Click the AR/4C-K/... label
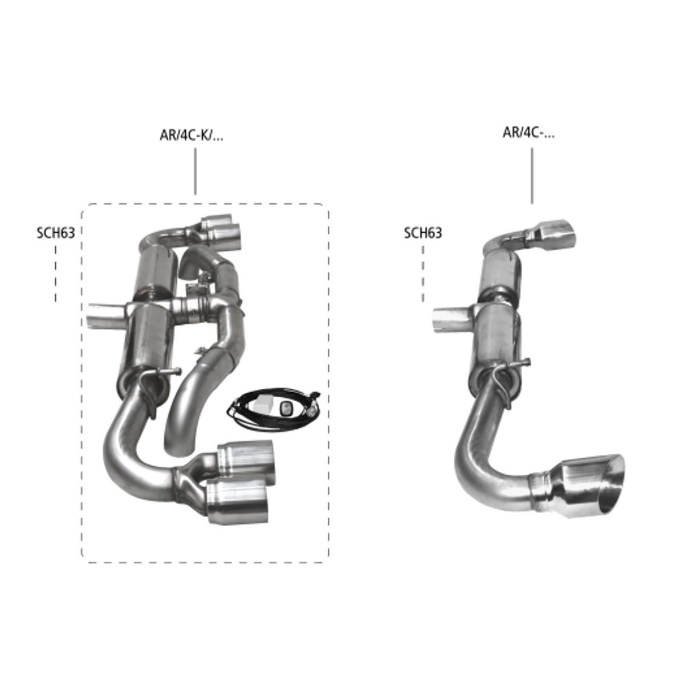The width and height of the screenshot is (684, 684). pyautogui.click(x=192, y=135)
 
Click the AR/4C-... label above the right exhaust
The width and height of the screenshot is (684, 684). pyautogui.click(x=528, y=132)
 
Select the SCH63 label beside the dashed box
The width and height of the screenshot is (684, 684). pyautogui.click(x=56, y=233)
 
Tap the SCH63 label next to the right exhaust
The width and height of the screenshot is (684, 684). pyautogui.click(x=423, y=233)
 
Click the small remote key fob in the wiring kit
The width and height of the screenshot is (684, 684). pyautogui.click(x=286, y=408)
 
